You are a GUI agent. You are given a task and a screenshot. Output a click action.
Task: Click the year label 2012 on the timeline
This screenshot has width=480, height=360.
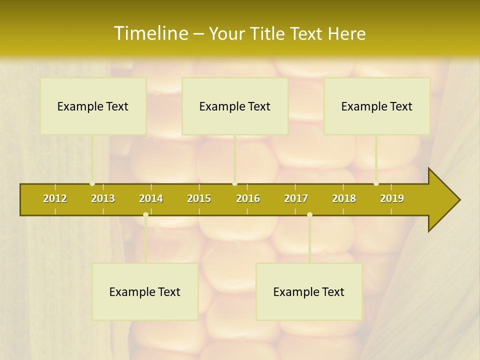[x=55, y=198]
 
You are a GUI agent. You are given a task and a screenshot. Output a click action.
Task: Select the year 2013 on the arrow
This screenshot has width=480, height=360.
[x=103, y=198]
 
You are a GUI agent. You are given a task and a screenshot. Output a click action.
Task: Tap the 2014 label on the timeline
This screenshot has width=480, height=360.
[x=151, y=198]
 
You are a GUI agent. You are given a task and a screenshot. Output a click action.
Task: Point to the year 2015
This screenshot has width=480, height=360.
[x=199, y=198]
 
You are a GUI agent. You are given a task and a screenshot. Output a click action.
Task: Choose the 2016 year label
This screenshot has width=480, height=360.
[x=248, y=198]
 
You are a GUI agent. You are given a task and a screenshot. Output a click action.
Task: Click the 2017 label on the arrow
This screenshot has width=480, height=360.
[x=296, y=198]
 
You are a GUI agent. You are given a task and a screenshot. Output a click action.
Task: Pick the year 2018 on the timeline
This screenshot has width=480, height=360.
[x=344, y=198]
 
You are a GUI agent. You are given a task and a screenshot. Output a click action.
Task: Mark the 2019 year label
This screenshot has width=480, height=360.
[x=392, y=198]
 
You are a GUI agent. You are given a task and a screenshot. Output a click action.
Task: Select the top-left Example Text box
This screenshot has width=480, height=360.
[x=93, y=106]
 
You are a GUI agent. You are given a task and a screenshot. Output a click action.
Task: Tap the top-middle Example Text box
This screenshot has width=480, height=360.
[x=235, y=106]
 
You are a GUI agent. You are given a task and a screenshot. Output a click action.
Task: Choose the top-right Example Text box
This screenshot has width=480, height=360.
[x=377, y=106]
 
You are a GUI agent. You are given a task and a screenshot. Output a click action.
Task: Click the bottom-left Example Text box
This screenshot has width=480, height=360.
[x=145, y=291]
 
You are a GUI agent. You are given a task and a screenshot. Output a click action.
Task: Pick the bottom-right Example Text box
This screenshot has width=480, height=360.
[x=309, y=291]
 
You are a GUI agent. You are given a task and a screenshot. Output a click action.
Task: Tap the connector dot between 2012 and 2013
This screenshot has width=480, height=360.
[x=92, y=183]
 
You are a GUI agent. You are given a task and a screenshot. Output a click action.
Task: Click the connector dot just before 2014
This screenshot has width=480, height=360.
[x=145, y=215]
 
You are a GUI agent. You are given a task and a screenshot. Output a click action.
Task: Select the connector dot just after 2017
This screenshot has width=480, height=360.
[x=309, y=215]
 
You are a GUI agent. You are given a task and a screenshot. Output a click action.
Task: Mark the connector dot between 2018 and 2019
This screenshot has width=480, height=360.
[x=376, y=183]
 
